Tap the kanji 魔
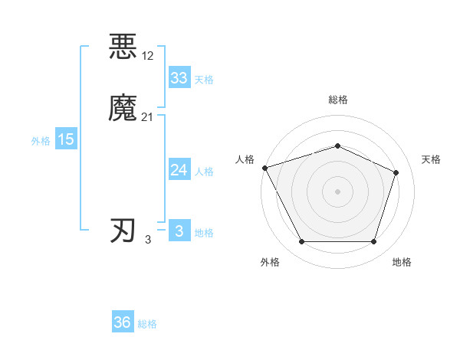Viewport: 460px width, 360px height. tap(123, 108)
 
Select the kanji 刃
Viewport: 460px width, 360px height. tap(123, 231)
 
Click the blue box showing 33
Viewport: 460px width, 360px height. tap(179, 78)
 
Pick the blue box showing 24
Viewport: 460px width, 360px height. tap(179, 170)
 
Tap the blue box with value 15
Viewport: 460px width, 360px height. tap(65, 139)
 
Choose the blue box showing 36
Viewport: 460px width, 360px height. tap(122, 322)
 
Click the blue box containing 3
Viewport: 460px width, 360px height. tap(179, 231)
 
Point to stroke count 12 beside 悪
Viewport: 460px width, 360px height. tap(148, 55)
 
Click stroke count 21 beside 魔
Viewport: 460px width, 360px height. tap(148, 116)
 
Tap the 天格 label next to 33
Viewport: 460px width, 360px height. tap(204, 80)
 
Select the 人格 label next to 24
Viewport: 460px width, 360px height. tap(204, 172)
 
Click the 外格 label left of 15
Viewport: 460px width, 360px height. tap(41, 140)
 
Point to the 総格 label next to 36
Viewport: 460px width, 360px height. tap(147, 324)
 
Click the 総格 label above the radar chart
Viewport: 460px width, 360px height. tap(337, 100)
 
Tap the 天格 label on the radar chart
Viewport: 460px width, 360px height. tap(432, 159)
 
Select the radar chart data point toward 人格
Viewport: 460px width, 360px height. tap(264, 167)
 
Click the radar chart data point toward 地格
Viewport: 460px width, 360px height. tap(373, 242)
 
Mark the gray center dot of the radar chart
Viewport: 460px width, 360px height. tap(337, 191)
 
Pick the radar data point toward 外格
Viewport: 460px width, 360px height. tap(301, 242)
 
